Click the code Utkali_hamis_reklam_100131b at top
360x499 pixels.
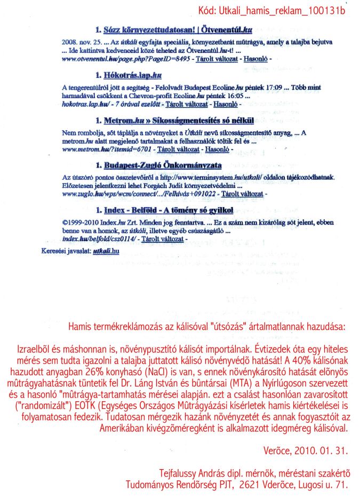click(278, 11)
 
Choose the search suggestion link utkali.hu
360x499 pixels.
click(106, 250)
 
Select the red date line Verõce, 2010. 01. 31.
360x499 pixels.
click(305, 451)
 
